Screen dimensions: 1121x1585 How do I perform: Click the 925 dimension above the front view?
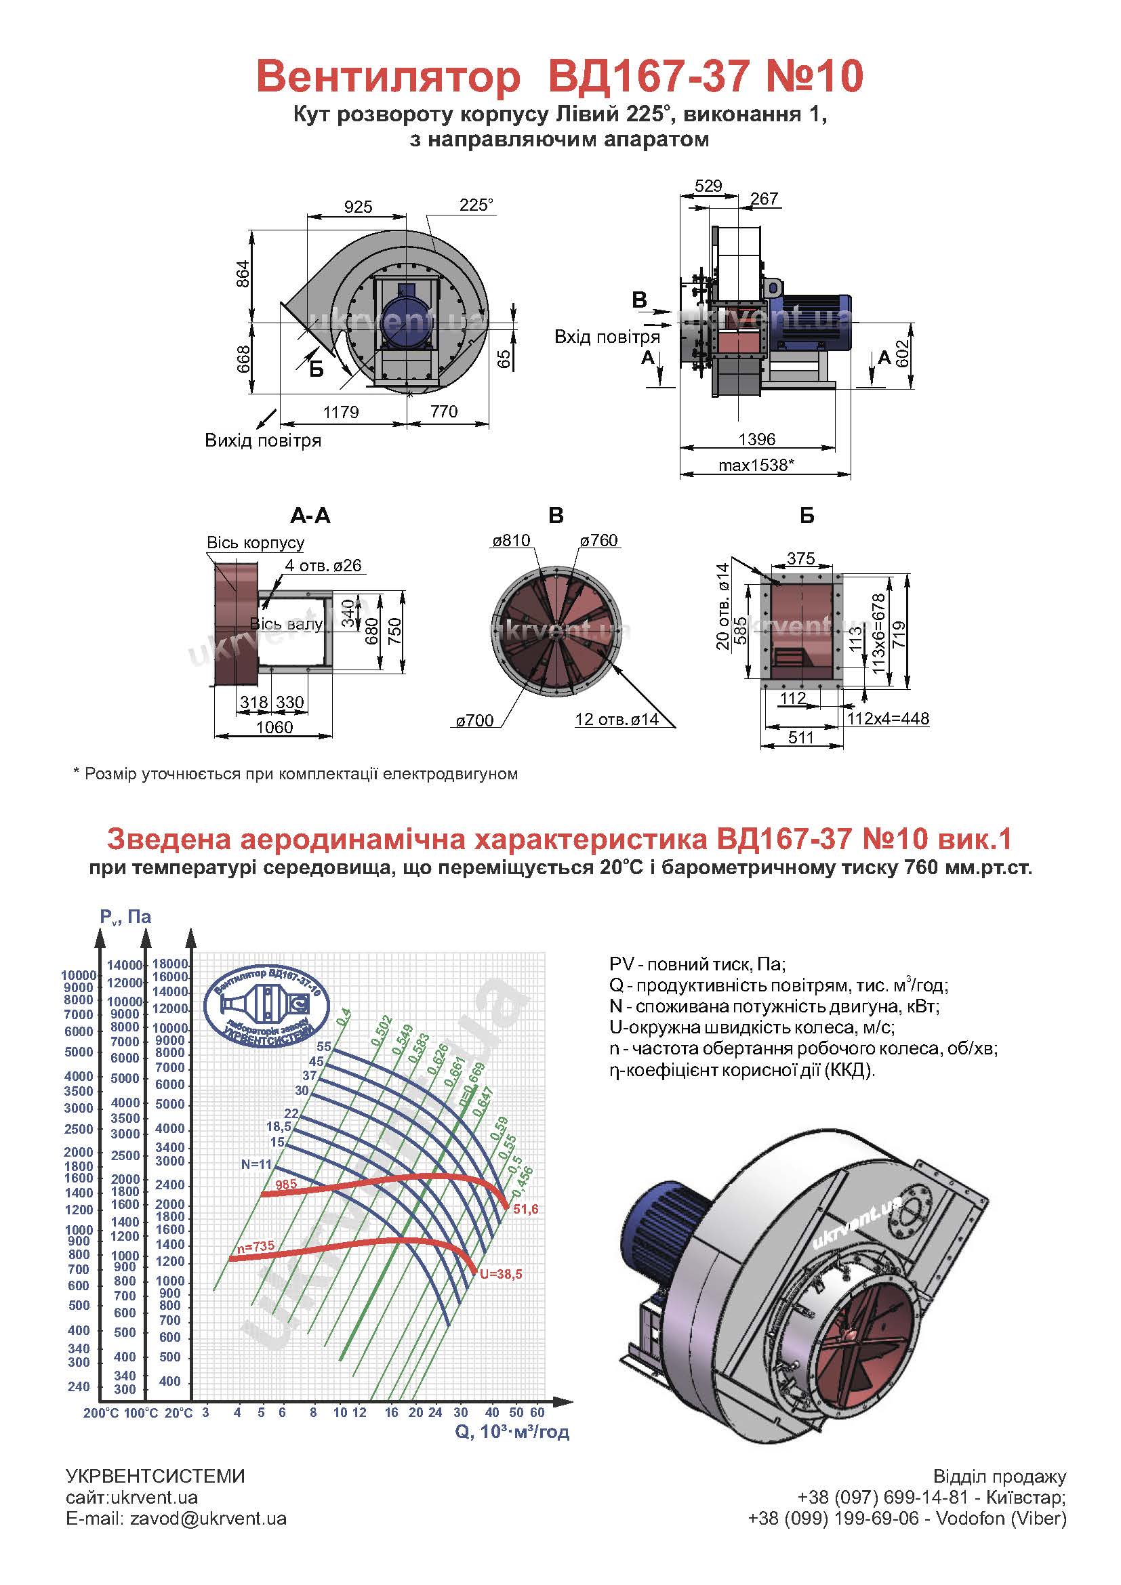(359, 207)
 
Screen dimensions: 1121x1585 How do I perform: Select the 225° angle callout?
(477, 205)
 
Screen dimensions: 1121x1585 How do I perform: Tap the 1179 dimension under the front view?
(341, 412)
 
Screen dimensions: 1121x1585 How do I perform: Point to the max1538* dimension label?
(756, 466)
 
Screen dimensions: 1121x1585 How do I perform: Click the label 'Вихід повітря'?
(263, 440)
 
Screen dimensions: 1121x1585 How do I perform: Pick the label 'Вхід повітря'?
(607, 337)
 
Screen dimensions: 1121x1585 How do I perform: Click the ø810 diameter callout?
(511, 541)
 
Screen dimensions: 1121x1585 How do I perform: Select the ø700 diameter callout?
(475, 721)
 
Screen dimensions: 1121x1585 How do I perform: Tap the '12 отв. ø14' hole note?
(617, 720)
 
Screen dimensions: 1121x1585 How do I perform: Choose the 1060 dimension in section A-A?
(274, 727)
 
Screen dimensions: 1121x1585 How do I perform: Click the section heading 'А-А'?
(310, 516)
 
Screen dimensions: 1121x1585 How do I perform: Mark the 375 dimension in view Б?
(800, 558)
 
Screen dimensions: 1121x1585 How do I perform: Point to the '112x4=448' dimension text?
(889, 718)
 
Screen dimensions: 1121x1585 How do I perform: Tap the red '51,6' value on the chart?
(525, 1210)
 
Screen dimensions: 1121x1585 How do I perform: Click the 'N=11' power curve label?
(257, 1165)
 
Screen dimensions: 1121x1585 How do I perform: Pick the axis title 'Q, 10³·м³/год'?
(512, 1432)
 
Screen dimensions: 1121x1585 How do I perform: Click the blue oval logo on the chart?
(267, 1006)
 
